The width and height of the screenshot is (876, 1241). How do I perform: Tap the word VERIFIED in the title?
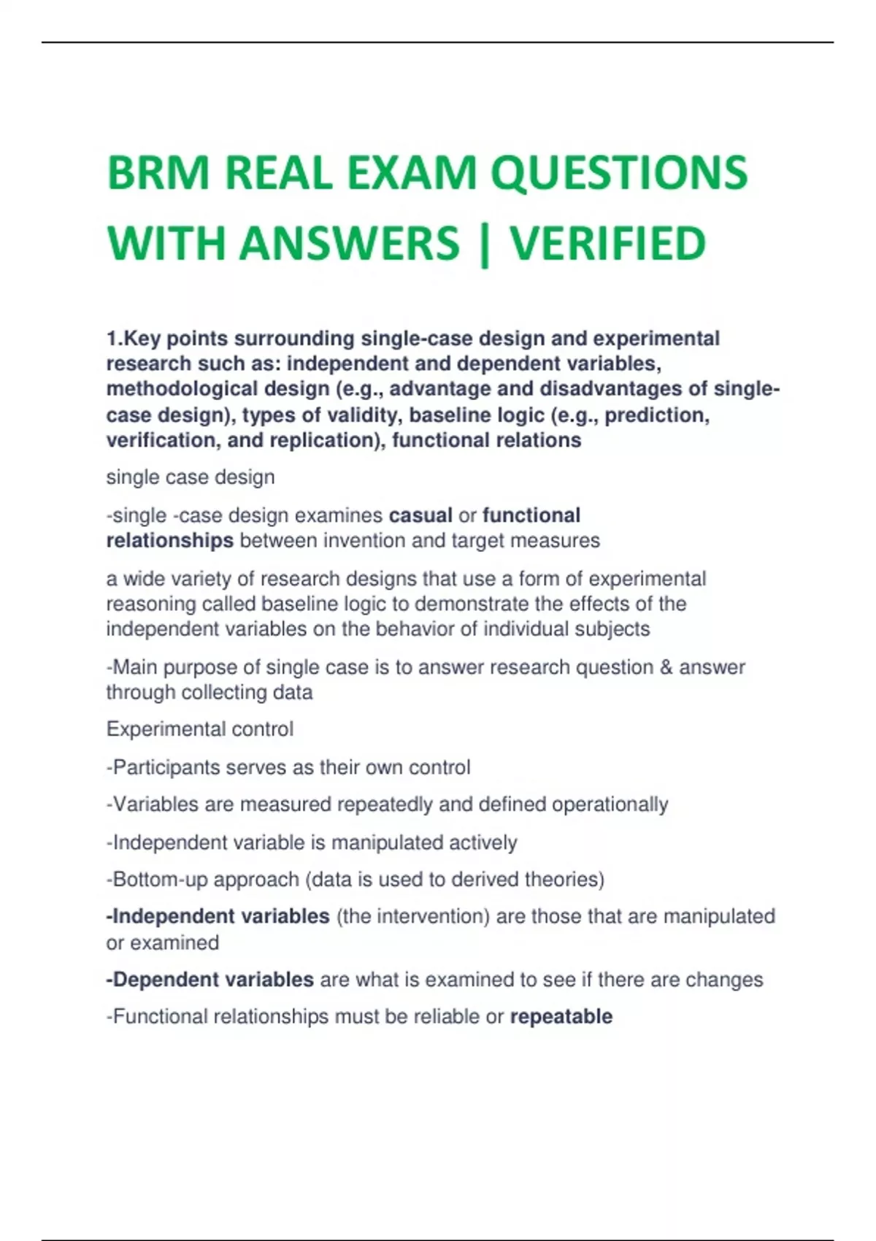tap(607, 243)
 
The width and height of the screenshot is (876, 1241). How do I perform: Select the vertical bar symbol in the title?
tap(484, 243)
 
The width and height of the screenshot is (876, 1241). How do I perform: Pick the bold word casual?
tap(420, 515)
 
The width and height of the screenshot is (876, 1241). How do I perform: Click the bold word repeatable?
tap(561, 1016)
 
